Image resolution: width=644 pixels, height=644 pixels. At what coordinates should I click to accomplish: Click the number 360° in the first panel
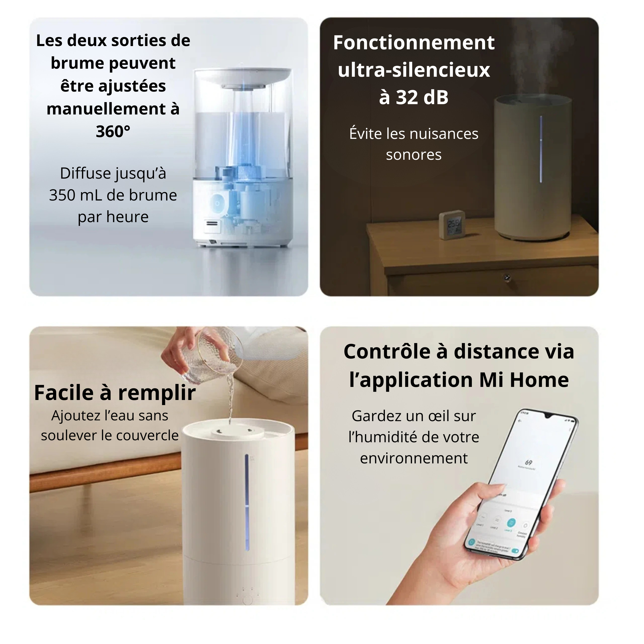[113, 131]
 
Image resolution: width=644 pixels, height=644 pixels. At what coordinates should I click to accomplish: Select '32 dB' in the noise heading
[422, 97]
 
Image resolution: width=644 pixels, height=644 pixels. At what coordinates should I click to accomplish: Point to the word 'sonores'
[414, 155]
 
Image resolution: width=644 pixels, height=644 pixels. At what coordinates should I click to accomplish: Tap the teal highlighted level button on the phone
[511, 523]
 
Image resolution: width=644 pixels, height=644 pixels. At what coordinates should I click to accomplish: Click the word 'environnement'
[414, 458]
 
